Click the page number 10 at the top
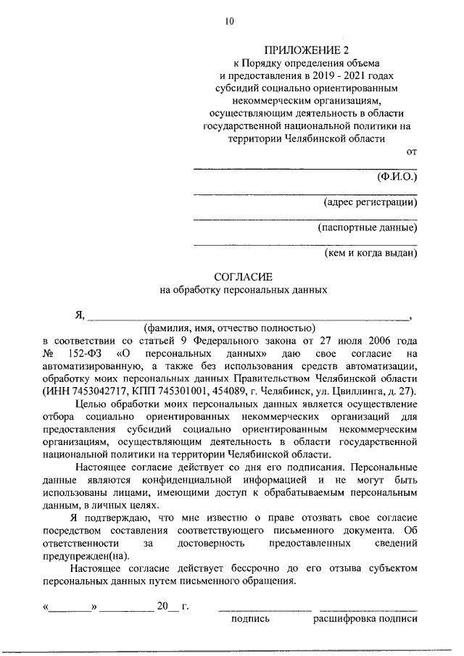(230, 22)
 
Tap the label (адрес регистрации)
(370, 202)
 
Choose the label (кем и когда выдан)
(370, 254)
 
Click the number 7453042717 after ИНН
(91, 391)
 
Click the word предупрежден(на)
(85, 556)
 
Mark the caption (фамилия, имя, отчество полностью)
(228, 327)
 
